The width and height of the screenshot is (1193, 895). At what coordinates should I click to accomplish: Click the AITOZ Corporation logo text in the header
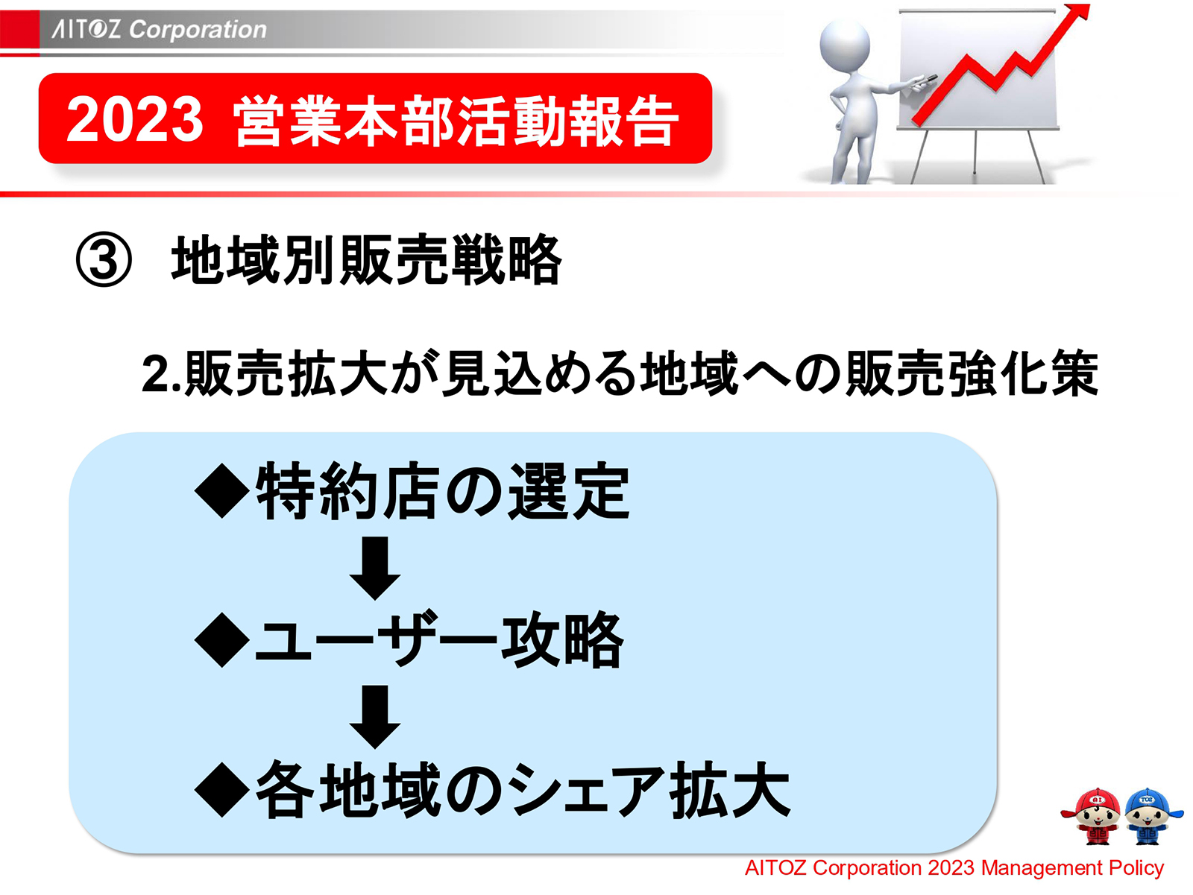tap(159, 29)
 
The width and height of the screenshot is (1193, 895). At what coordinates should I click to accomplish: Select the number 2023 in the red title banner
tap(134, 119)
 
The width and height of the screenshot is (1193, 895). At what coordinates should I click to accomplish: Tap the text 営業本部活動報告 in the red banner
tap(456, 121)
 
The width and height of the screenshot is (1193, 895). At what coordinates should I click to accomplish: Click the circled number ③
tap(104, 261)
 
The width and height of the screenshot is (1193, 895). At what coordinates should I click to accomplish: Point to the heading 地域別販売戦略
tap(366, 260)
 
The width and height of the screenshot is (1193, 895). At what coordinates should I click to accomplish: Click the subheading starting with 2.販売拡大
tap(619, 373)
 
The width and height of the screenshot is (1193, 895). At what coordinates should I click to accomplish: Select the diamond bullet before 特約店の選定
tap(221, 491)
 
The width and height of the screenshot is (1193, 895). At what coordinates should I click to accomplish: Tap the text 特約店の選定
tap(443, 491)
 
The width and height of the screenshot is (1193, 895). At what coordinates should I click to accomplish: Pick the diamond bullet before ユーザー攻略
tap(221, 640)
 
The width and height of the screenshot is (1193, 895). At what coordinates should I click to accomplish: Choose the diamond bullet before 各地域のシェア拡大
tap(221, 791)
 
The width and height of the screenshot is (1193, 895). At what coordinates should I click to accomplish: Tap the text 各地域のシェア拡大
tap(522, 791)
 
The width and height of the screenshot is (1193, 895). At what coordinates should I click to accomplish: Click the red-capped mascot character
tap(1093, 816)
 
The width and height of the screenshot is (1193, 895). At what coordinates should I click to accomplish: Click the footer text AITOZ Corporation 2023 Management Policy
tap(954, 868)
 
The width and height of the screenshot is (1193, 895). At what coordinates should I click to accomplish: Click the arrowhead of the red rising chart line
tap(1077, 14)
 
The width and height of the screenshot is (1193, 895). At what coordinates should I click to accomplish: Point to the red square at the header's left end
tap(19, 31)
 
